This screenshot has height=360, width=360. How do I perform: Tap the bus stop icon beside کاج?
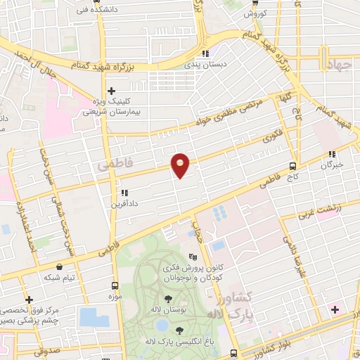pos(292,166)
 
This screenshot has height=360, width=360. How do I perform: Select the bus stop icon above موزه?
pos(114,286)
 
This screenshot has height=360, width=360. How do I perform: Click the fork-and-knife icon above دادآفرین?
pos(124,192)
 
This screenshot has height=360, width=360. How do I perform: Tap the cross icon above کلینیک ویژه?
pos(111,90)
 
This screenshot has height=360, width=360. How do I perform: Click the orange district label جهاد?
pos(338,65)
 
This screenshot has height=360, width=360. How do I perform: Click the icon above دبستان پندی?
pos(205,53)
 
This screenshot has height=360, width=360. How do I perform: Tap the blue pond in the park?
pos(161,326)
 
